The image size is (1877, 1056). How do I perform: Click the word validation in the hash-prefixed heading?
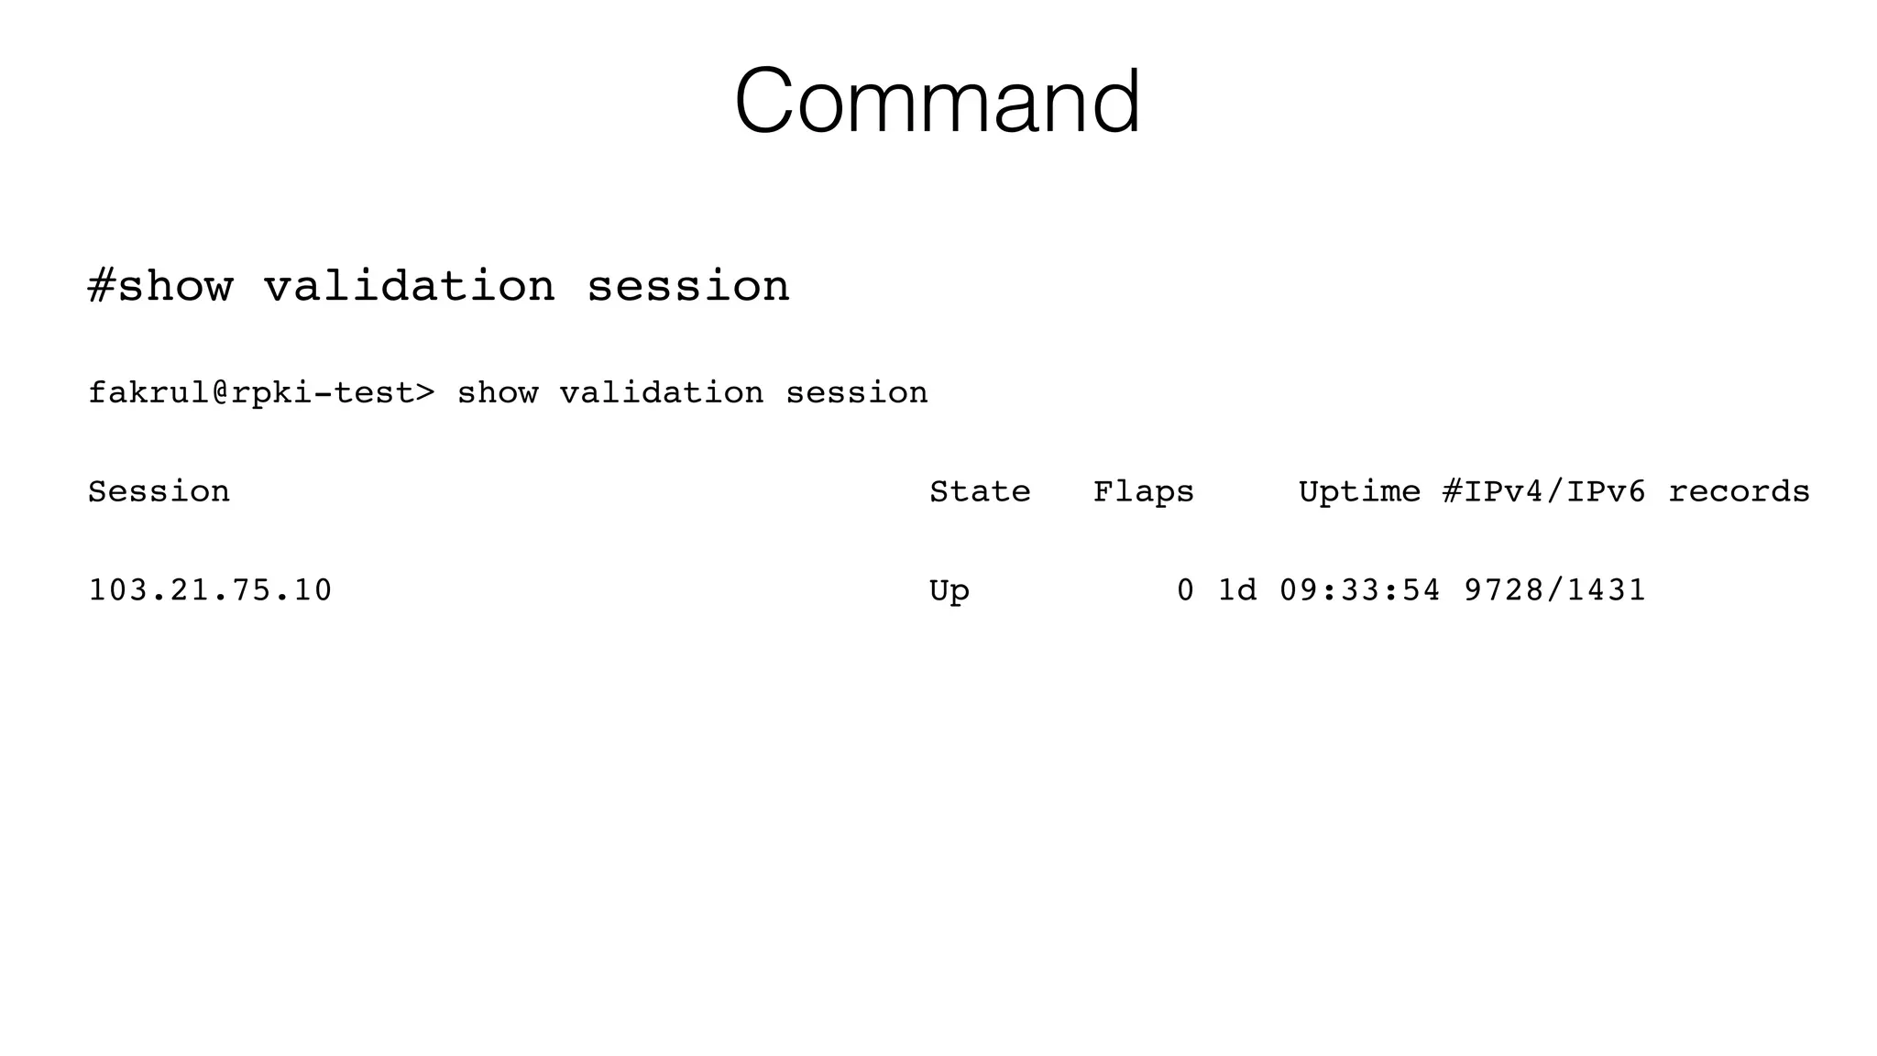click(x=410, y=285)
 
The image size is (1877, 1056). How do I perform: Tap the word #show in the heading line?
click(x=160, y=285)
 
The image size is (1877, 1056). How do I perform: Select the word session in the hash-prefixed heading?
click(x=687, y=285)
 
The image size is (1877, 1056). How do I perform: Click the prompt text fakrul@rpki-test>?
click(x=261, y=392)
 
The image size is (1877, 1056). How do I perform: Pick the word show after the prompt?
click(x=497, y=392)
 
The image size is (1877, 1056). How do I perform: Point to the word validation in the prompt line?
click(x=661, y=392)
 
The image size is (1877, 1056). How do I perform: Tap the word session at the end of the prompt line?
click(x=857, y=392)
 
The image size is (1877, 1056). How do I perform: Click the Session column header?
click(x=159, y=491)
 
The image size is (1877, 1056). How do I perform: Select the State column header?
click(x=980, y=491)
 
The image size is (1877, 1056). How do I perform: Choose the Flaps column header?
click(x=1143, y=491)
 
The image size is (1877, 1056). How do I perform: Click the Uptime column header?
click(x=1359, y=491)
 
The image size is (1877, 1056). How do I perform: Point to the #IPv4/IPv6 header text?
click(x=1543, y=491)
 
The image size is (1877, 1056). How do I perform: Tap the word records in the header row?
click(x=1739, y=491)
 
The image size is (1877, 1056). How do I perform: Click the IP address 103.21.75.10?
click(x=210, y=589)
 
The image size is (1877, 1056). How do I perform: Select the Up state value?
click(x=949, y=590)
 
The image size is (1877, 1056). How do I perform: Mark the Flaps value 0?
click(x=1185, y=589)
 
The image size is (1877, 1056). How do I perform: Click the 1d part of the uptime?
click(x=1236, y=589)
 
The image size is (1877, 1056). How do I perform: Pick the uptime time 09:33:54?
click(x=1359, y=589)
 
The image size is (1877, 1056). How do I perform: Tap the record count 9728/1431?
click(x=1554, y=589)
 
